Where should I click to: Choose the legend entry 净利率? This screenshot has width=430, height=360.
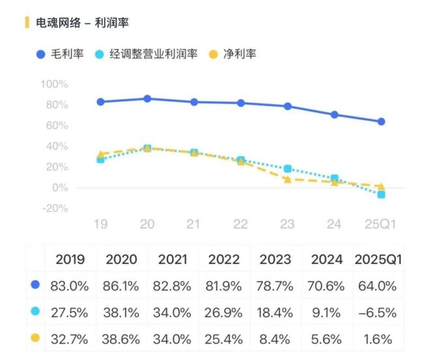tap(238, 53)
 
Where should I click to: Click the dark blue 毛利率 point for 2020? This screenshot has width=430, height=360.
tap(147, 98)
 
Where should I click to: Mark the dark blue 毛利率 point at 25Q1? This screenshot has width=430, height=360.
tap(381, 121)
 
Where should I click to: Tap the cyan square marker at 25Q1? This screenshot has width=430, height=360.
tap(381, 194)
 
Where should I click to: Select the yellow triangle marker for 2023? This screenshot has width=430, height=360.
tap(287, 179)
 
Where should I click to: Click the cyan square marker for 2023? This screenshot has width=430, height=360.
tap(287, 169)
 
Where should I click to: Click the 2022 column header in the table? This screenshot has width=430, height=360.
tap(224, 259)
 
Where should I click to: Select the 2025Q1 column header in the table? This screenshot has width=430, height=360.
tap(379, 259)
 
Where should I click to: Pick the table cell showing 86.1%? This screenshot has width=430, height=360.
tap(121, 286)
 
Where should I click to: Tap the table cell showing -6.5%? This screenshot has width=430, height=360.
tap(379, 312)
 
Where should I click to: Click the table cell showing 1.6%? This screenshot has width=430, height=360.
tap(379, 339)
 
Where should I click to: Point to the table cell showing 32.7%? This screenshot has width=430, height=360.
tap(70, 339)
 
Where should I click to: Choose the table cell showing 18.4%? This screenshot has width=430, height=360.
tap(276, 312)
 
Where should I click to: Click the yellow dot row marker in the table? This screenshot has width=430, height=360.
tap(35, 338)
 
